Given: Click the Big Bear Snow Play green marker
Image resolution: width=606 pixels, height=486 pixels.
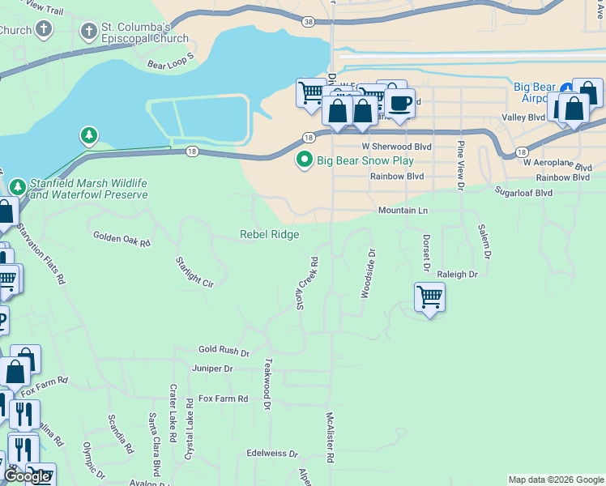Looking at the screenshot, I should [305, 160].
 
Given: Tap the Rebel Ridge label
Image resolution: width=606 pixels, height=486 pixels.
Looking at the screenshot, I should [269, 235].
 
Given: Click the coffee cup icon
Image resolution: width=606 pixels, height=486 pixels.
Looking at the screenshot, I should [399, 103].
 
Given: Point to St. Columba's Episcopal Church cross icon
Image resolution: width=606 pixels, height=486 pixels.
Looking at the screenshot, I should [87, 31].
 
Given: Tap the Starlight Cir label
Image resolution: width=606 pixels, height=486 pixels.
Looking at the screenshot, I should [194, 272].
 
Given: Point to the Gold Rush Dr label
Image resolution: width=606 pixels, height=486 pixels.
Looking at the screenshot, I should [224, 351].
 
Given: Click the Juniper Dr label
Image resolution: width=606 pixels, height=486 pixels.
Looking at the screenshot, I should [212, 369].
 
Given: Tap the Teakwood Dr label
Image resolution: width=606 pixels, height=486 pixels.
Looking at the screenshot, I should [267, 379].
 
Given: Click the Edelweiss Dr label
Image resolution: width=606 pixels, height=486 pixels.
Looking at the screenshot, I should [272, 454].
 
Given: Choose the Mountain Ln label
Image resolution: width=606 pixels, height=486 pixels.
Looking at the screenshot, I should [403, 211].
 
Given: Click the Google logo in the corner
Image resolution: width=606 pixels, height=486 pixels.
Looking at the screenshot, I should [26, 476].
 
